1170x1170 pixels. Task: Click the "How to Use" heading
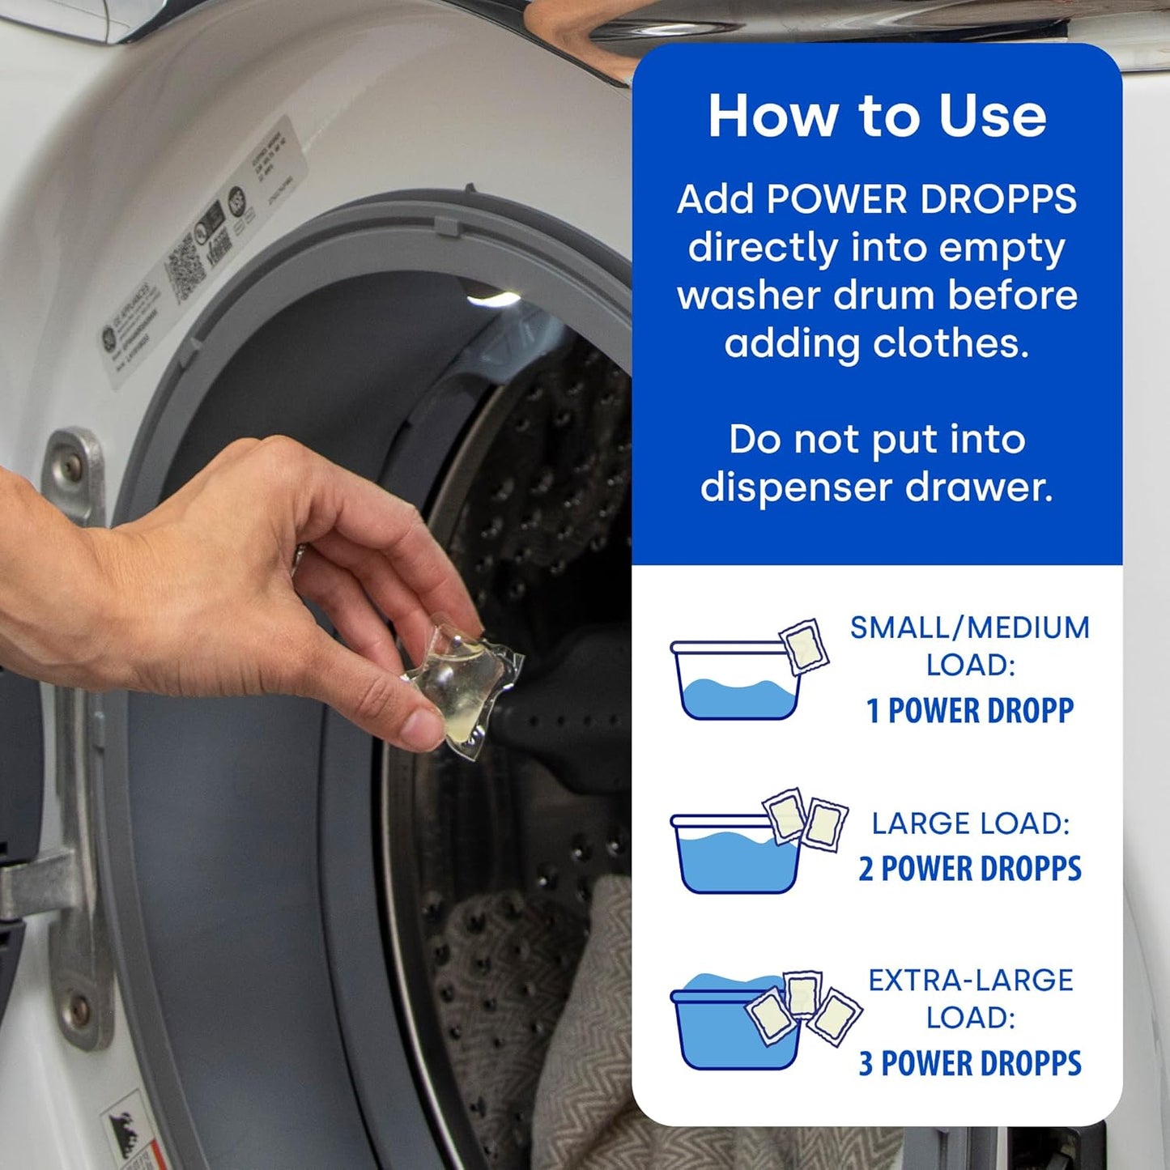click(877, 116)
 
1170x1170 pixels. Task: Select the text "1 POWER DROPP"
click(969, 711)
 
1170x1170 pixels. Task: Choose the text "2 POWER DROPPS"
click(969, 869)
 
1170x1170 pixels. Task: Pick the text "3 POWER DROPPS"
click(969, 1063)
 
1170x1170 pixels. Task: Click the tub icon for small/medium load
click(735, 681)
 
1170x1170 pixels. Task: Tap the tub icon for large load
click(735, 854)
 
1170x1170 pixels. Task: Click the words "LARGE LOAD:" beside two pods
click(970, 823)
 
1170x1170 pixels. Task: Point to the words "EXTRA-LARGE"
click(970, 980)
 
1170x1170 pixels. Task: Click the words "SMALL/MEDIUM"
click(969, 628)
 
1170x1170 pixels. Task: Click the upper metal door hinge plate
click(77, 478)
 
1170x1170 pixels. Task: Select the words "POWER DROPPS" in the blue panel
click(921, 199)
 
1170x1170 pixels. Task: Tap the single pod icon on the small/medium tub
click(804, 645)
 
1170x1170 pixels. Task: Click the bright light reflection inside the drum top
click(494, 300)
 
